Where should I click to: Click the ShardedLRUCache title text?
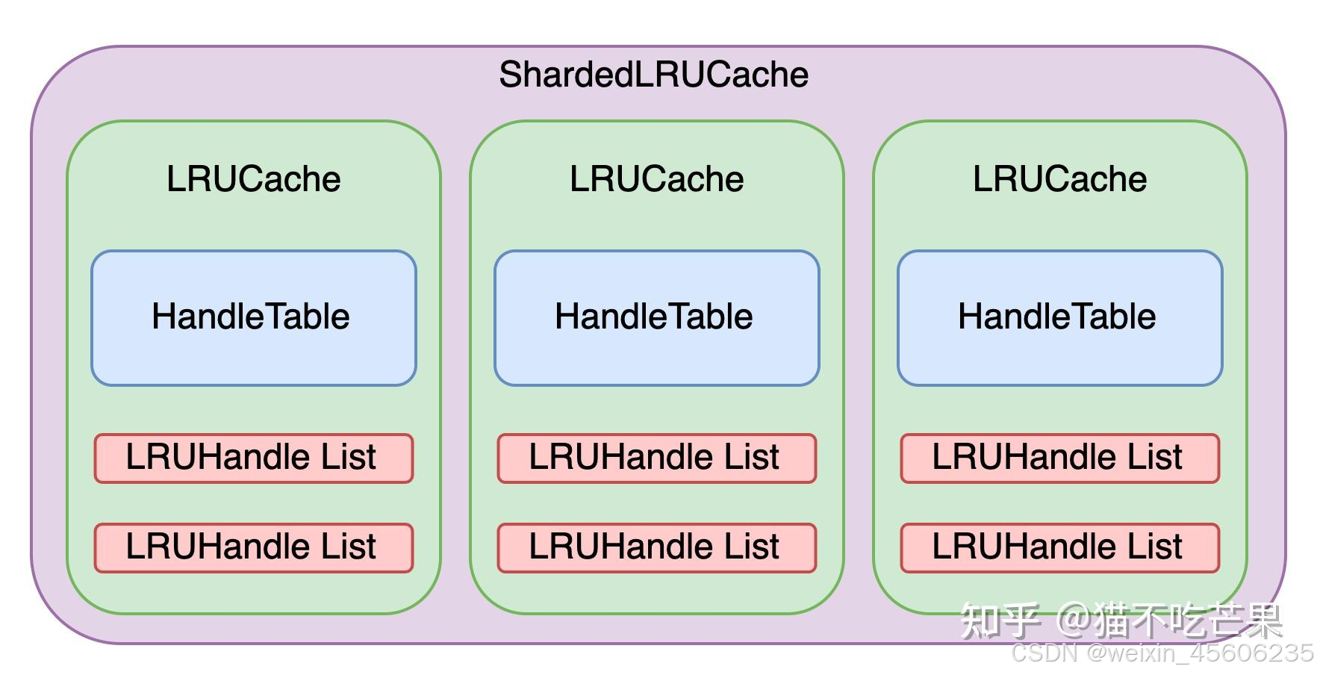653,75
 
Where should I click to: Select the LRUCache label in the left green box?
253,179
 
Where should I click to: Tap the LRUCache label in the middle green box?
656,179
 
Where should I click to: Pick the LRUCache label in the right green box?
1059,179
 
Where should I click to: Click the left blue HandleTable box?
253,318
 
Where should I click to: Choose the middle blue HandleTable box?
656,318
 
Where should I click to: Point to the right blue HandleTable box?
1059,318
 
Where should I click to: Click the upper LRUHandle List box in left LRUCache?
253,458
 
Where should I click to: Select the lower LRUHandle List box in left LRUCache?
253,547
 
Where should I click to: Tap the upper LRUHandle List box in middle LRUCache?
656,458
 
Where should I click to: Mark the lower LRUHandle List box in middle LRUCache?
656,547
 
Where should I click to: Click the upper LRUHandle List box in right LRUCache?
1059,458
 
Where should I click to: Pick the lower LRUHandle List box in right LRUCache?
1059,547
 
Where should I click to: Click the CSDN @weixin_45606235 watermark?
1162,653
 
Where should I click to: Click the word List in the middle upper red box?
751,457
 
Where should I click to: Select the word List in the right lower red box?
1154,547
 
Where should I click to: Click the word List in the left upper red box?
348,457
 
